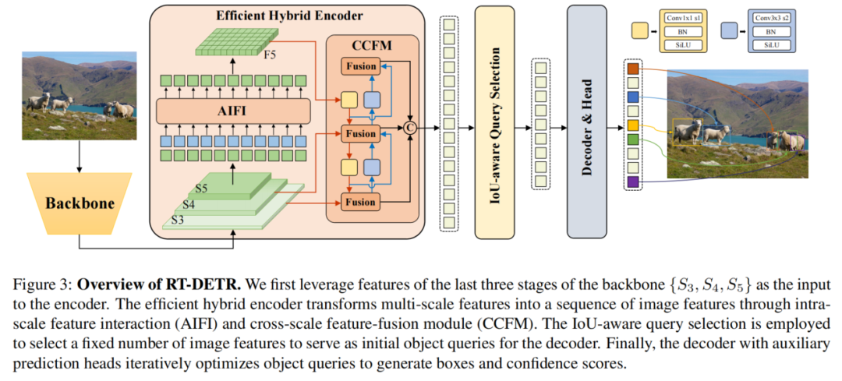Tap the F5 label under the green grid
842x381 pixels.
(x=268, y=56)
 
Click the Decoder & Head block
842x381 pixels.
(x=586, y=126)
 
